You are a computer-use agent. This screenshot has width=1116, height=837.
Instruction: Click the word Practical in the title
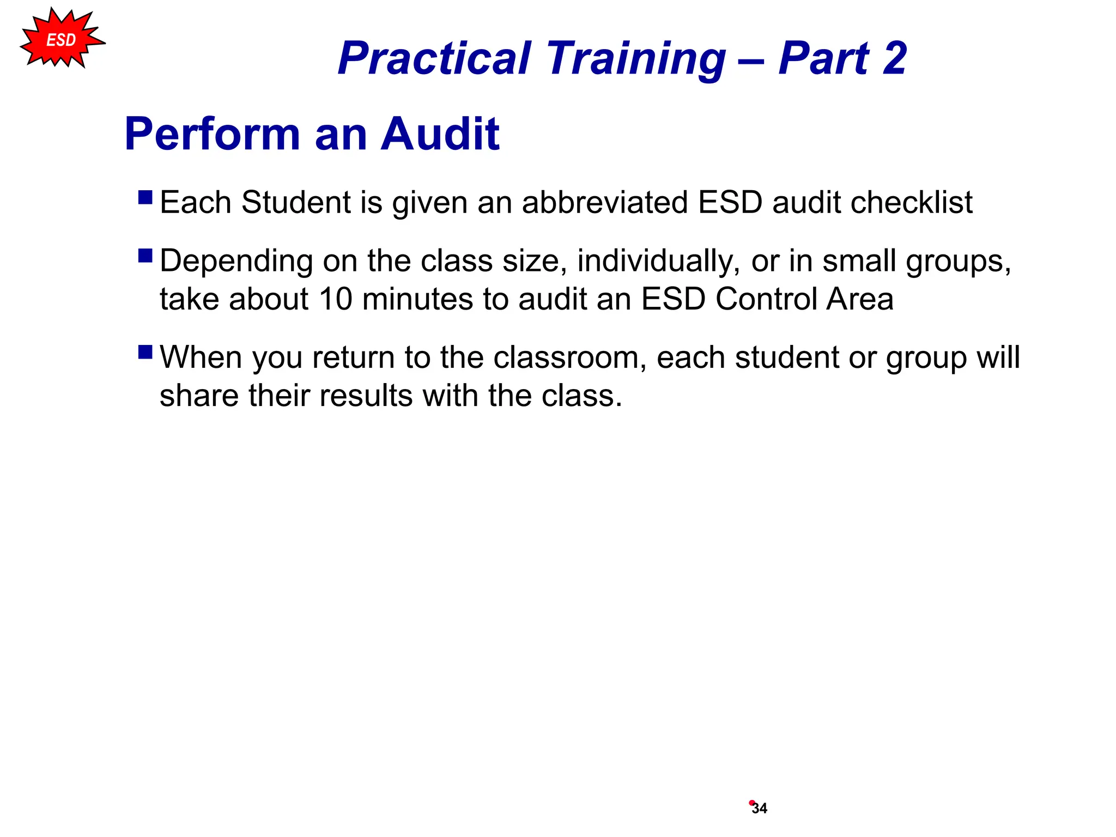click(x=434, y=58)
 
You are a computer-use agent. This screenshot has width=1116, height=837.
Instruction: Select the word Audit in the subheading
click(x=440, y=134)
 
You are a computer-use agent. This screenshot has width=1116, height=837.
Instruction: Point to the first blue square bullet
click(x=145, y=197)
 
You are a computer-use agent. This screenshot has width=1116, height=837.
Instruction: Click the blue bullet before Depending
click(x=145, y=256)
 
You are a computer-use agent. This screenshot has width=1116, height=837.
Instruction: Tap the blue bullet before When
click(x=145, y=352)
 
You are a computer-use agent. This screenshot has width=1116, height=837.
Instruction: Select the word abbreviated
click(x=605, y=203)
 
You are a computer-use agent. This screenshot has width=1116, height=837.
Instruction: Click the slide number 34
click(x=760, y=809)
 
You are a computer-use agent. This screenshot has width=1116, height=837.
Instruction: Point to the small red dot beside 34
click(x=751, y=802)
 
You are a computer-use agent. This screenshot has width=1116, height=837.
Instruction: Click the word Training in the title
click(x=636, y=58)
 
